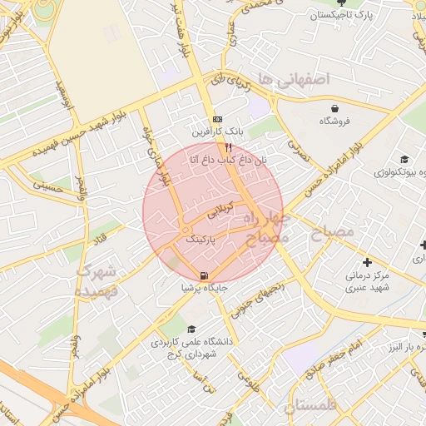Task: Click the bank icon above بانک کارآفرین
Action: coord(217,119)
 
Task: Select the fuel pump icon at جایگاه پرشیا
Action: coord(205,276)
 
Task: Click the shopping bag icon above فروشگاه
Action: coord(334,108)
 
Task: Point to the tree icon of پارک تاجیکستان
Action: coord(338,3)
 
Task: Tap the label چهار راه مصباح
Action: coord(275,228)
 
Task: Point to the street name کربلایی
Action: coord(222,213)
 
